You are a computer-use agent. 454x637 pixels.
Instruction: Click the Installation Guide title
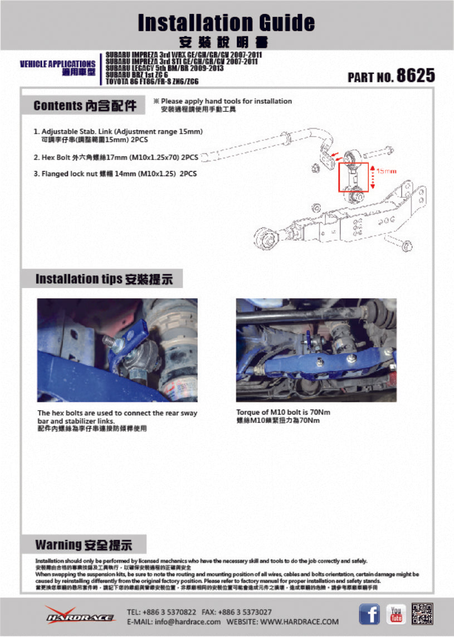tap(226, 23)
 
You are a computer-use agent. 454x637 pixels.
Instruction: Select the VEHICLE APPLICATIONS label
tap(57, 64)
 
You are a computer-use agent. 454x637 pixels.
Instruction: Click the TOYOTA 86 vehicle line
tap(152, 81)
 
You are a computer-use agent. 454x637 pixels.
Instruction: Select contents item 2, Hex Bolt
tap(116, 157)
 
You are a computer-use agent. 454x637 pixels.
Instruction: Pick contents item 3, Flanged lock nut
tap(115, 173)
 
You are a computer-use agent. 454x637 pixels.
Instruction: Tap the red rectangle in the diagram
tap(353, 177)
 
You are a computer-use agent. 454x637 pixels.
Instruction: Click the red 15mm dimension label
tap(386, 171)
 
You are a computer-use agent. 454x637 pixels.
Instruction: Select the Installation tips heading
tap(104, 279)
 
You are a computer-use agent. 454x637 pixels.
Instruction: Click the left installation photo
tap(117, 350)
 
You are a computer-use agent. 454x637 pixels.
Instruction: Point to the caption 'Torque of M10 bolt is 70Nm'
tap(278, 413)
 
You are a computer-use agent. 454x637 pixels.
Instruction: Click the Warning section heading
tap(84, 544)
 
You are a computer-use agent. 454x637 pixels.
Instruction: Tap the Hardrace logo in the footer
tap(80, 615)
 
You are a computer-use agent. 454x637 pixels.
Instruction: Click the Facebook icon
tap(369, 614)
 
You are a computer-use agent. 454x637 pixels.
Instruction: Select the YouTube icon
tap(396, 614)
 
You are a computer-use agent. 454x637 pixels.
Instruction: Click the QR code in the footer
tap(423, 614)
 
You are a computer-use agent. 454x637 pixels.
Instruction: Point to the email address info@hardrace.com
tap(174, 621)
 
